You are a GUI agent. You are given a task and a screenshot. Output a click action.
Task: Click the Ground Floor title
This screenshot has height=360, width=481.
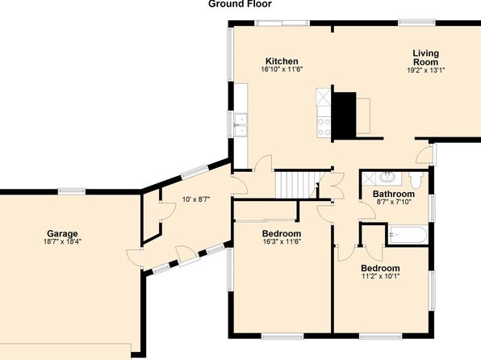click(240, 4)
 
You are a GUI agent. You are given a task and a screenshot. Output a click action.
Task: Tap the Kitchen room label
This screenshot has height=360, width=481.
click(282, 61)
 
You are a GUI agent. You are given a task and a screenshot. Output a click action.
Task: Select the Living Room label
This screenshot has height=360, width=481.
click(426, 57)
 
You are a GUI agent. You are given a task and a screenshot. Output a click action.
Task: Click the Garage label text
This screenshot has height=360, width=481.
click(62, 233)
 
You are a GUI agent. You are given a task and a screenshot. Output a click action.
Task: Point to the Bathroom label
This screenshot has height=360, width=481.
click(394, 194)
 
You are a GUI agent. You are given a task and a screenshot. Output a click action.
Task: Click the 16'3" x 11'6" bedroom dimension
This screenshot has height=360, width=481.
click(282, 241)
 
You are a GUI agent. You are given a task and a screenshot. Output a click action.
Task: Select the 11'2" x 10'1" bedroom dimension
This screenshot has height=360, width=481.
click(380, 276)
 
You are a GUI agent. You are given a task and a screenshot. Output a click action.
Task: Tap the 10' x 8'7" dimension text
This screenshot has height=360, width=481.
click(196, 199)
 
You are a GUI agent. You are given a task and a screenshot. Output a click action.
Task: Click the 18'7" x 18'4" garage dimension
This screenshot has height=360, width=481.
click(62, 241)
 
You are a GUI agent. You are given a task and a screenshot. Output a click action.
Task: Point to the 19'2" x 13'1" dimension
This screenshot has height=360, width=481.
click(426, 70)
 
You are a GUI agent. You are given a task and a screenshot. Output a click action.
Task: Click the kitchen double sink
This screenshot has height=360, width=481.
click(240, 125)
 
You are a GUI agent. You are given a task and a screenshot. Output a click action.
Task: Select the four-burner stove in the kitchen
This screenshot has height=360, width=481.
click(324, 127)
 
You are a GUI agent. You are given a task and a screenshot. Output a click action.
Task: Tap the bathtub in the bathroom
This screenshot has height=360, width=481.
click(408, 235)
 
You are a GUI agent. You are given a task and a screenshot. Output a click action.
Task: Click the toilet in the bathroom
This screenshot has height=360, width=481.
click(416, 181)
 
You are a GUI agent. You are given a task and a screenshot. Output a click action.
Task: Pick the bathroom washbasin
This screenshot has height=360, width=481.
click(387, 178)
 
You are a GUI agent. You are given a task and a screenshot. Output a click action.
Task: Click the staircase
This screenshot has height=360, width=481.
click(297, 185)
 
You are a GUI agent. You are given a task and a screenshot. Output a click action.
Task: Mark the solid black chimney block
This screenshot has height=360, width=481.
click(345, 115)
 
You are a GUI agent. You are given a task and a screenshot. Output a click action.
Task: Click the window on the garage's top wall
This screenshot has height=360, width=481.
click(72, 191)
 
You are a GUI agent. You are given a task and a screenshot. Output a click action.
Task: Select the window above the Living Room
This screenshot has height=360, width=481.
click(416, 23)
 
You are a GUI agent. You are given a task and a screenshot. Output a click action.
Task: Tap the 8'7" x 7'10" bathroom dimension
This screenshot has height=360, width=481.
click(394, 202)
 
